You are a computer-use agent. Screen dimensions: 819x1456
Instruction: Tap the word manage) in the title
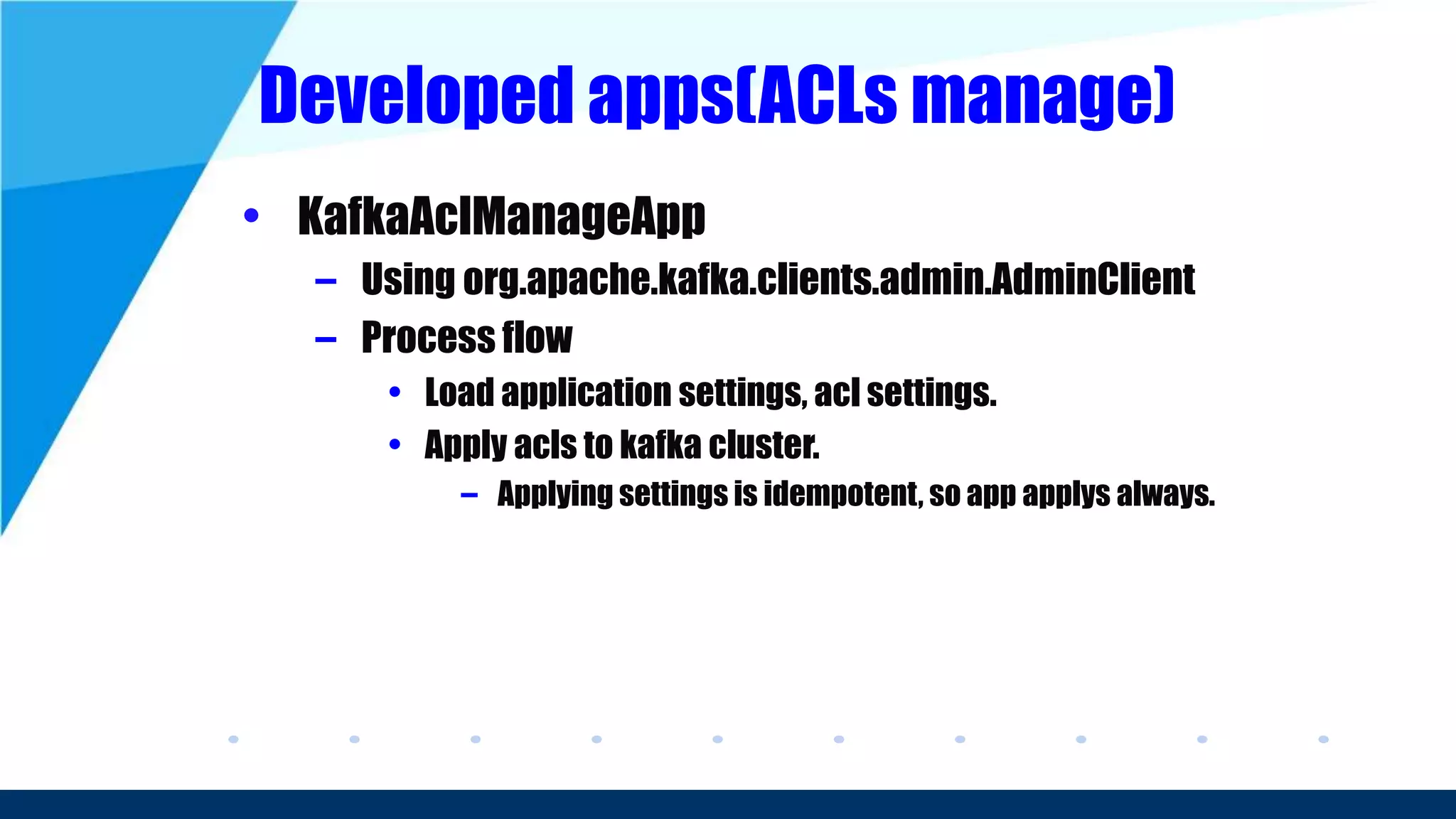pos(1042,96)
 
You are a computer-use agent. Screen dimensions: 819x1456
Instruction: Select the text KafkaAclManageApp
pos(501,216)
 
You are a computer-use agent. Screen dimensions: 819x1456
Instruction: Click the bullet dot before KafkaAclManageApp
pos(250,215)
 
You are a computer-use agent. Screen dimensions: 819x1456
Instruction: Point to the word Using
pos(407,279)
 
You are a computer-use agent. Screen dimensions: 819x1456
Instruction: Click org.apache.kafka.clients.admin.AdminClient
pos(829,279)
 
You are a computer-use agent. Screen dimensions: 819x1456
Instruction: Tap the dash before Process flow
pos(326,340)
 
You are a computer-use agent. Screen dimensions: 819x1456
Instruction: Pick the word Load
pos(459,392)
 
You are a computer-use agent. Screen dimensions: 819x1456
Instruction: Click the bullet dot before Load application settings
pos(395,392)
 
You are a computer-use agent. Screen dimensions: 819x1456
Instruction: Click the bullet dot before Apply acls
pos(395,445)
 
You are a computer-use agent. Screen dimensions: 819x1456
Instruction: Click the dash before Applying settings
pos(469,495)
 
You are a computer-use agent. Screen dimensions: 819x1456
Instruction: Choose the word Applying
pos(554,493)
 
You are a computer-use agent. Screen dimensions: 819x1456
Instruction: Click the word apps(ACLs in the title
pos(742,96)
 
